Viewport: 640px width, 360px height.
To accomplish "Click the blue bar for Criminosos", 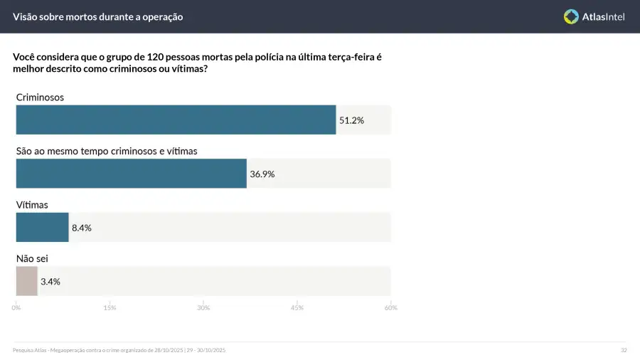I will tap(176, 120).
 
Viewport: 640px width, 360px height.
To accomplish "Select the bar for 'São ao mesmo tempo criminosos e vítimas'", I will tap(131, 174).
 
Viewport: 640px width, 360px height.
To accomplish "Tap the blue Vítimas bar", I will tap(42, 228).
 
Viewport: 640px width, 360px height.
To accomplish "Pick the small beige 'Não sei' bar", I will tap(26, 281).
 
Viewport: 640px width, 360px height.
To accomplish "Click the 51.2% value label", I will tap(351, 120).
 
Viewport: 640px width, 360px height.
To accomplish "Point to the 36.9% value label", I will tap(262, 174).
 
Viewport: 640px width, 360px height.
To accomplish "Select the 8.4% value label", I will tap(82, 228).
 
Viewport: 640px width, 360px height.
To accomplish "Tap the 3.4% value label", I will tap(50, 281).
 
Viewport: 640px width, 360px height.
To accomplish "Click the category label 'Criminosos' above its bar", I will tap(40, 97).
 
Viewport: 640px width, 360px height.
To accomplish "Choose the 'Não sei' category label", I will tap(32, 258).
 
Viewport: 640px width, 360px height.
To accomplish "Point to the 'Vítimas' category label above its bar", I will tap(32, 205).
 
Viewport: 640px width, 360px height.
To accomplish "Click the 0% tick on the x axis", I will tap(16, 307).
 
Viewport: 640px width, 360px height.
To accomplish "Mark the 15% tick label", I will tap(110, 307).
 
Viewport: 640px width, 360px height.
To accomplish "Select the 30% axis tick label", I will tap(203, 307).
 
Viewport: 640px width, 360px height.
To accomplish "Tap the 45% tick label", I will tap(297, 307).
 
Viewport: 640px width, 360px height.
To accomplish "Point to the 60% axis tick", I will tap(390, 307).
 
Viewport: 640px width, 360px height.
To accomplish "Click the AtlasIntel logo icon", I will tap(571, 16).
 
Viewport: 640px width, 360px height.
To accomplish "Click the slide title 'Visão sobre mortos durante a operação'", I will tap(97, 16).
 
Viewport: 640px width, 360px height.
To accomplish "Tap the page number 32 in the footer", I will tap(624, 350).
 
